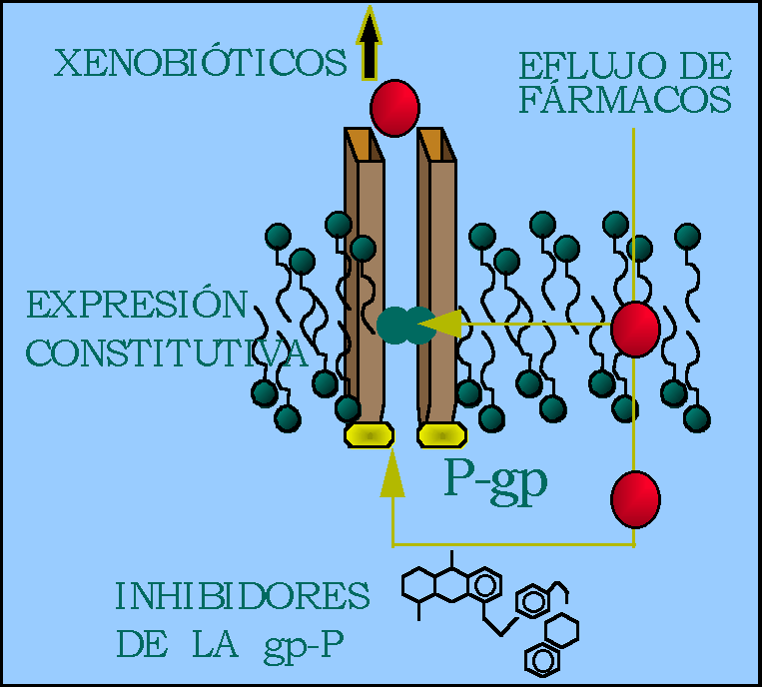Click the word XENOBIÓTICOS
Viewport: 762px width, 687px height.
coord(200,65)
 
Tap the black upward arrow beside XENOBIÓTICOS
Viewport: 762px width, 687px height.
coord(370,45)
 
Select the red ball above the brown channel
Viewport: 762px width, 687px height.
coord(394,108)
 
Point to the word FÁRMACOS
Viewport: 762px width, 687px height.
coord(625,101)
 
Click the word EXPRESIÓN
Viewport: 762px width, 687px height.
coord(137,305)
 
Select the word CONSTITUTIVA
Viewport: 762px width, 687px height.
coord(165,351)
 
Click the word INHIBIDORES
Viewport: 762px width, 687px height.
coord(243,596)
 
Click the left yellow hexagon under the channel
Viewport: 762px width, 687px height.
coord(370,435)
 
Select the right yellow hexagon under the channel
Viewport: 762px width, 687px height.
coord(440,435)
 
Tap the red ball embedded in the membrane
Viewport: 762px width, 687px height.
coord(635,329)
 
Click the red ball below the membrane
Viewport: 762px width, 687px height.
coord(635,498)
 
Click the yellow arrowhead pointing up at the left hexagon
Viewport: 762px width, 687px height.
coord(392,473)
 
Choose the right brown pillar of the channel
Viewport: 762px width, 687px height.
coord(439,280)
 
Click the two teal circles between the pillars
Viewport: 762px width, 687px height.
coord(406,323)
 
